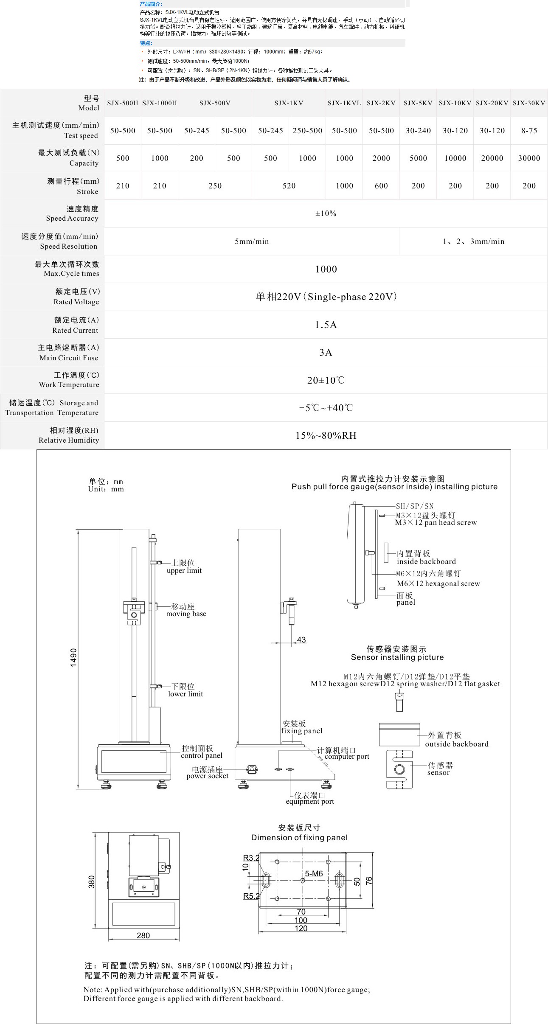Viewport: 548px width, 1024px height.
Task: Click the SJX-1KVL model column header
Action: tap(344, 103)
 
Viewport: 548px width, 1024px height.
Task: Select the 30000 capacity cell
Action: tap(529, 158)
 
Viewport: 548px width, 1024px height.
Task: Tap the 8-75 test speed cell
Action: tap(529, 131)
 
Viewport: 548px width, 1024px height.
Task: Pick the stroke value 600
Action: tap(381, 186)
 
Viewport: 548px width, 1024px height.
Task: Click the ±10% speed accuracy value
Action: tap(326, 213)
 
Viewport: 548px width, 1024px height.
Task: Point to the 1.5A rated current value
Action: tap(326, 325)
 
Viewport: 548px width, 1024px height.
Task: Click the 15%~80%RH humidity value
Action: tap(326, 435)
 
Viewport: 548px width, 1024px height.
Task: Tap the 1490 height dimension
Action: tap(73, 657)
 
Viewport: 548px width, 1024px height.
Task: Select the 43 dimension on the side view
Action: tap(301, 640)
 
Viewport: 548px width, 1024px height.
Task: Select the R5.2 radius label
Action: tap(251, 896)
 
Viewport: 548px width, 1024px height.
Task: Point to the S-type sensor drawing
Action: tap(399, 769)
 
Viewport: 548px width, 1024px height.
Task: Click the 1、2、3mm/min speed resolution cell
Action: tap(473, 241)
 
